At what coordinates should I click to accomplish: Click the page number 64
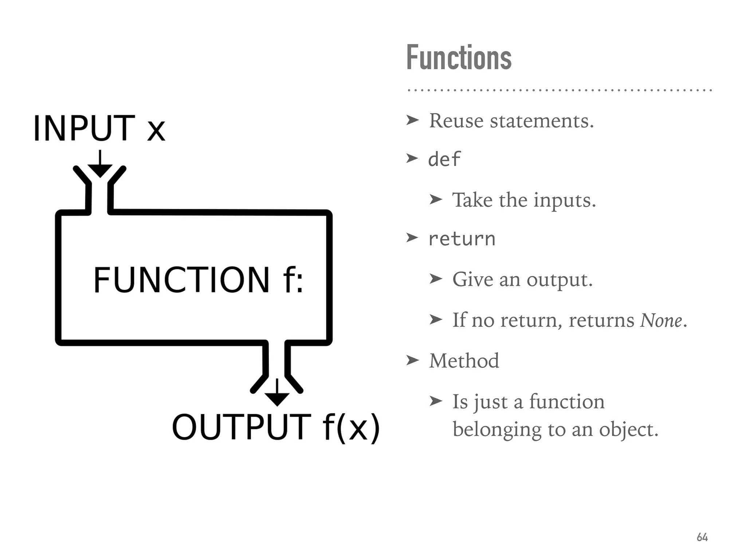[702, 537]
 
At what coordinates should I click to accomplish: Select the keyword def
[444, 159]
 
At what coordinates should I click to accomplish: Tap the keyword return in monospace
[462, 239]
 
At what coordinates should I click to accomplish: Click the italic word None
[661, 321]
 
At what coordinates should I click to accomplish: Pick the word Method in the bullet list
[464, 361]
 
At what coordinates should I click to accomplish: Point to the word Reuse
[457, 121]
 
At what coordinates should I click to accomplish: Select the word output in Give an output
[559, 280]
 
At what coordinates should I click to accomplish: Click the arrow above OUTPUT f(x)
[277, 393]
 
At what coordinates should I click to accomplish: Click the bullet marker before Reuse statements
[412, 120]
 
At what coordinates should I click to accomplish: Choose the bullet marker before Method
[412, 361]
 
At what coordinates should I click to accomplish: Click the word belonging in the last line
[497, 430]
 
